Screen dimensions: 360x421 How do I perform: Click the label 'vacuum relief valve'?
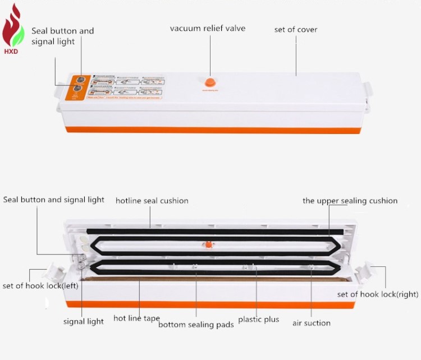[x=208, y=28]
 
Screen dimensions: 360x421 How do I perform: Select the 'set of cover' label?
[x=295, y=29]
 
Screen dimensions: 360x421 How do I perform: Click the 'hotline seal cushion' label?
[x=152, y=201]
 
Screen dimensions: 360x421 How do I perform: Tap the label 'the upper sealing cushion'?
[x=350, y=201]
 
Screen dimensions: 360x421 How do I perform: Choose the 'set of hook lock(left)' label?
[x=40, y=285]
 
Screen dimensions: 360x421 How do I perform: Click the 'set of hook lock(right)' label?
[x=378, y=294]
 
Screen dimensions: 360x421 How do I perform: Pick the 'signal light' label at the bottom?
[x=83, y=321]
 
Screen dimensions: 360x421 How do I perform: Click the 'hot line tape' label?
[x=136, y=318]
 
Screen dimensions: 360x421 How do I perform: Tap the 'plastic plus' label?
[x=258, y=320]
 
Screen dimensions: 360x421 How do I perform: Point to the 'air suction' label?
[x=311, y=323]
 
